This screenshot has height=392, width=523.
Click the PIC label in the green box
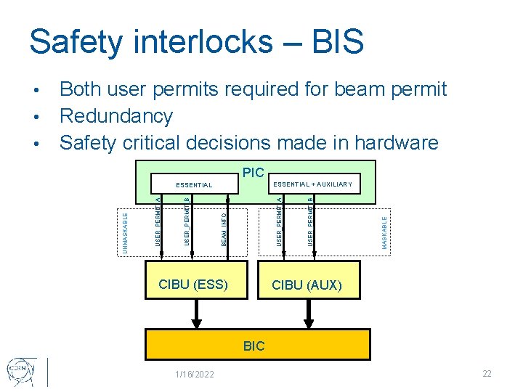click(253, 173)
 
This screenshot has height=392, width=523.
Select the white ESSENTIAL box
click(193, 185)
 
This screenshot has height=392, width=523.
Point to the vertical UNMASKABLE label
click(125, 232)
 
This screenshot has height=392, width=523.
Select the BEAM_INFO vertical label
click(224, 228)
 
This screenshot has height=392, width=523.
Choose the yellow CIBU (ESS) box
click(193, 284)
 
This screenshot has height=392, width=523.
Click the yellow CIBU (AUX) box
click(307, 285)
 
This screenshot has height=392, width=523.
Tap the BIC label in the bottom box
click(254, 346)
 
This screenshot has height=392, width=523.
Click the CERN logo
click(19, 371)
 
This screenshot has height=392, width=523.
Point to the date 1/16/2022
click(195, 374)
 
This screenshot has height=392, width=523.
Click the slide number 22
click(487, 373)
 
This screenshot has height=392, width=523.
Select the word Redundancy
click(116, 116)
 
